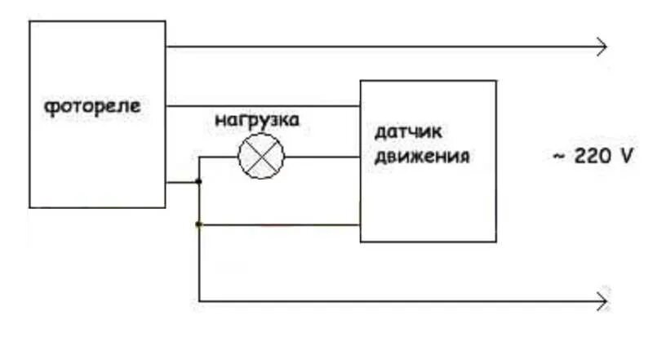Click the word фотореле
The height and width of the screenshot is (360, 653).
tap(91, 107)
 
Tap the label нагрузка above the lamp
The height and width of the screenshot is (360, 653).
tap(257, 121)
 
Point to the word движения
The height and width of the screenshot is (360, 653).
tap(421, 157)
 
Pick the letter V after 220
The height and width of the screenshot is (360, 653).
tap(625, 157)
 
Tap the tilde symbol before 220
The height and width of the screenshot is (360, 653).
tap(558, 157)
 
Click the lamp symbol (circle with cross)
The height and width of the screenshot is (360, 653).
tap(261, 157)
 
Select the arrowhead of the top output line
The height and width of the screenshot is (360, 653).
tap(602, 47)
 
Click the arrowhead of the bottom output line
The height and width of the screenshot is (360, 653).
tap(602, 302)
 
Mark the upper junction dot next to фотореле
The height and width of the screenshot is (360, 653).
tap(199, 183)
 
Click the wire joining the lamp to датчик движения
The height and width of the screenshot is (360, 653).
tap(322, 157)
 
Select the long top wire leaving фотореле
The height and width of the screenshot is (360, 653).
tap(384, 47)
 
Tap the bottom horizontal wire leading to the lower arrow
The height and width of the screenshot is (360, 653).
tap(400, 302)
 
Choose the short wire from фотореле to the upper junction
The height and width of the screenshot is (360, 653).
tap(182, 183)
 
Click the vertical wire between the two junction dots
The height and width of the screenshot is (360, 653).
tap(199, 203)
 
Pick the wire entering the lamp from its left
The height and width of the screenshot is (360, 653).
tap(219, 157)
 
